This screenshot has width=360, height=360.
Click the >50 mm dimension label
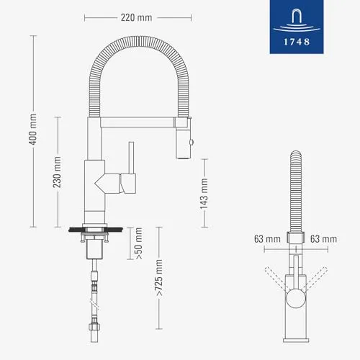pos(139,243)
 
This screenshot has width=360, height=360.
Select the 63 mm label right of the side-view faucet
pos(324,238)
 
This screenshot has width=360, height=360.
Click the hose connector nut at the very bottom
pos(94,335)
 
